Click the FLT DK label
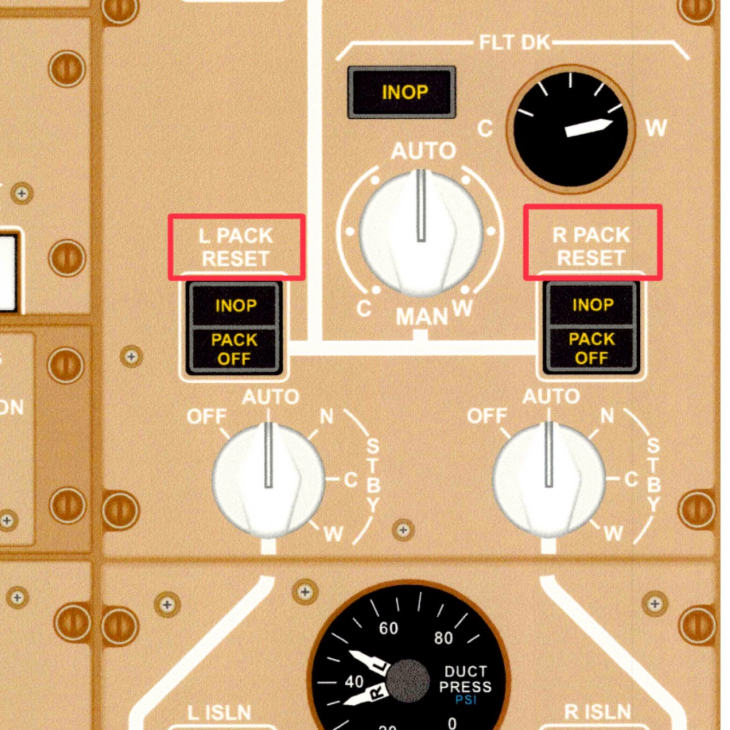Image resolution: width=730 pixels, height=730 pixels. click(514, 42)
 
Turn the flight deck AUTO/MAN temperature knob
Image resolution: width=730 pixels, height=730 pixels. click(421, 232)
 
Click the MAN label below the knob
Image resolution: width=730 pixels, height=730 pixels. click(422, 317)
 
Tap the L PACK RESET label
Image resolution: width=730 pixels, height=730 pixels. click(236, 247)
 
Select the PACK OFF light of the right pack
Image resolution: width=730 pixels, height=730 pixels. click(592, 349)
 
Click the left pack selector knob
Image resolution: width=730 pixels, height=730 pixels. click(268, 479)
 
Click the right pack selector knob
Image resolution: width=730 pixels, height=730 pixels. click(549, 479)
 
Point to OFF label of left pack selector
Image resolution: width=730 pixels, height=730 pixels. click(206, 417)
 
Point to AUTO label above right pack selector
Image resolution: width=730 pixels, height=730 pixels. click(551, 396)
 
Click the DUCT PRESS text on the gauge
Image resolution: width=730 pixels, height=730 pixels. click(465, 679)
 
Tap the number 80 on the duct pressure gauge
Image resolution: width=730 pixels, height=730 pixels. click(443, 638)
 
